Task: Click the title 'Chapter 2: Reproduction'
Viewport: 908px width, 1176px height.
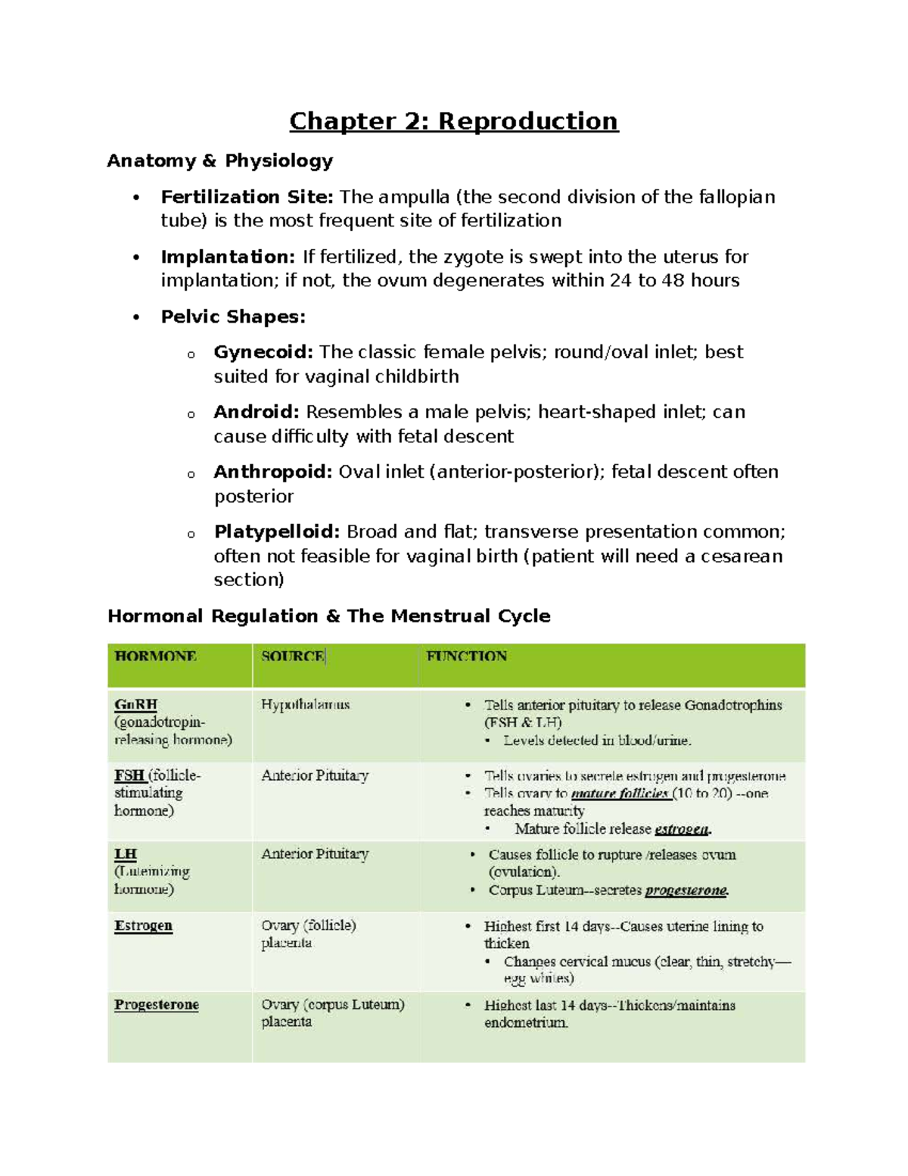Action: point(453,121)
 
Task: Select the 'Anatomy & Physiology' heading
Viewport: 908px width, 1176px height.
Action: point(219,161)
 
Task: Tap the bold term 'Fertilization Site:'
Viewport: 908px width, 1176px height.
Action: point(247,197)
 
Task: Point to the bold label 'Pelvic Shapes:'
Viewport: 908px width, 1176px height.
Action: point(233,317)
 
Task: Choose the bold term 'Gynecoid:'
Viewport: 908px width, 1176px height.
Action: point(263,352)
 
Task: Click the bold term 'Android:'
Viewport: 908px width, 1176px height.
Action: point(257,412)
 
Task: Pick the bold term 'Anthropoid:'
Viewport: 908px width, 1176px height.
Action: point(272,472)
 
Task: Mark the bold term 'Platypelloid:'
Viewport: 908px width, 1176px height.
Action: point(277,532)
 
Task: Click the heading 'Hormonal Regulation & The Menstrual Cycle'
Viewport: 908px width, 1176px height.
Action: point(328,616)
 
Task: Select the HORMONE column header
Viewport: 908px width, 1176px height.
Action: point(156,656)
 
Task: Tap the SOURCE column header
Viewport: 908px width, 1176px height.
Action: point(292,656)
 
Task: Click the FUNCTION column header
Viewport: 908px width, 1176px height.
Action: point(466,656)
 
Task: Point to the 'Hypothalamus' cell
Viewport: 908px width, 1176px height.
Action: point(305,704)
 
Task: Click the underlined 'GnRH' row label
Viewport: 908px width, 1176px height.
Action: point(135,704)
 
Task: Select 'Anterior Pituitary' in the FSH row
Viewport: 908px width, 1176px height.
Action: point(315,775)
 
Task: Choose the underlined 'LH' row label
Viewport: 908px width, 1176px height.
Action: point(126,854)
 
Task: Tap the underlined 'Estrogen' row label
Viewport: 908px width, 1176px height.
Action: point(143,925)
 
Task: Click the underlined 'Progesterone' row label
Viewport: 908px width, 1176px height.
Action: point(157,1005)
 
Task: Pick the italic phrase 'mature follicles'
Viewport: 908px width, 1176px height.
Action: point(619,794)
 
